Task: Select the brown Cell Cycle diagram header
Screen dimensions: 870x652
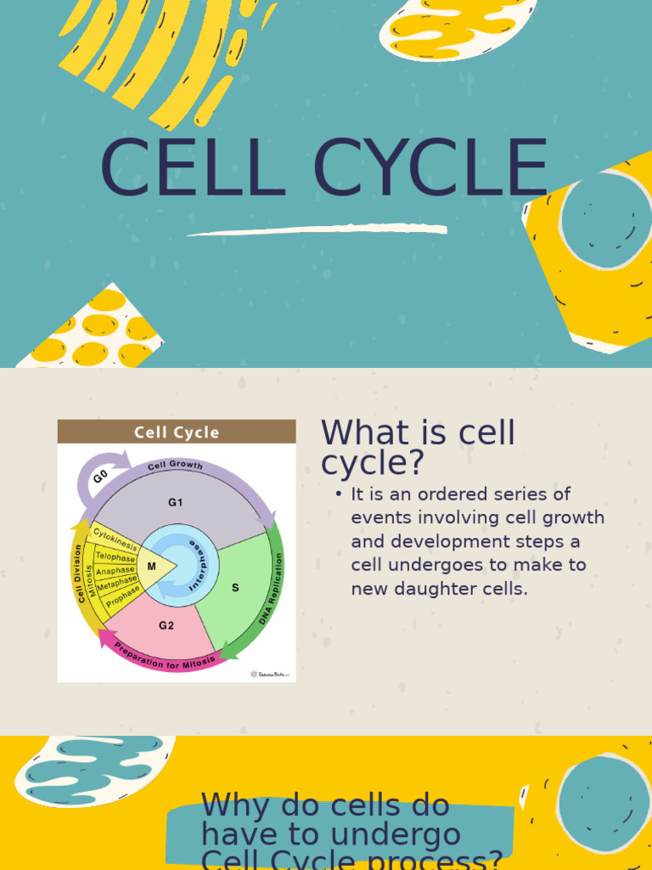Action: click(x=177, y=432)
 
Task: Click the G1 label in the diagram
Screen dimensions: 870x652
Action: click(x=175, y=502)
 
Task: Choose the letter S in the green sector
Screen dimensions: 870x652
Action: click(x=235, y=587)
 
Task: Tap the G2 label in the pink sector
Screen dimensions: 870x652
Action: click(x=166, y=625)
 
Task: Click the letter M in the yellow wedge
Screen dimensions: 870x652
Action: click(x=152, y=566)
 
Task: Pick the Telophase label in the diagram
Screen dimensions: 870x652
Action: click(x=115, y=557)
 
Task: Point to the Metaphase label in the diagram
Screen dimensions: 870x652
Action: click(x=117, y=585)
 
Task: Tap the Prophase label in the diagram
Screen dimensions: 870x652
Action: click(x=122, y=598)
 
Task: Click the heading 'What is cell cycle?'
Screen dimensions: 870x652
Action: click(x=418, y=448)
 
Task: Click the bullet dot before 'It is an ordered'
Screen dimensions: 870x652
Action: click(x=339, y=494)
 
